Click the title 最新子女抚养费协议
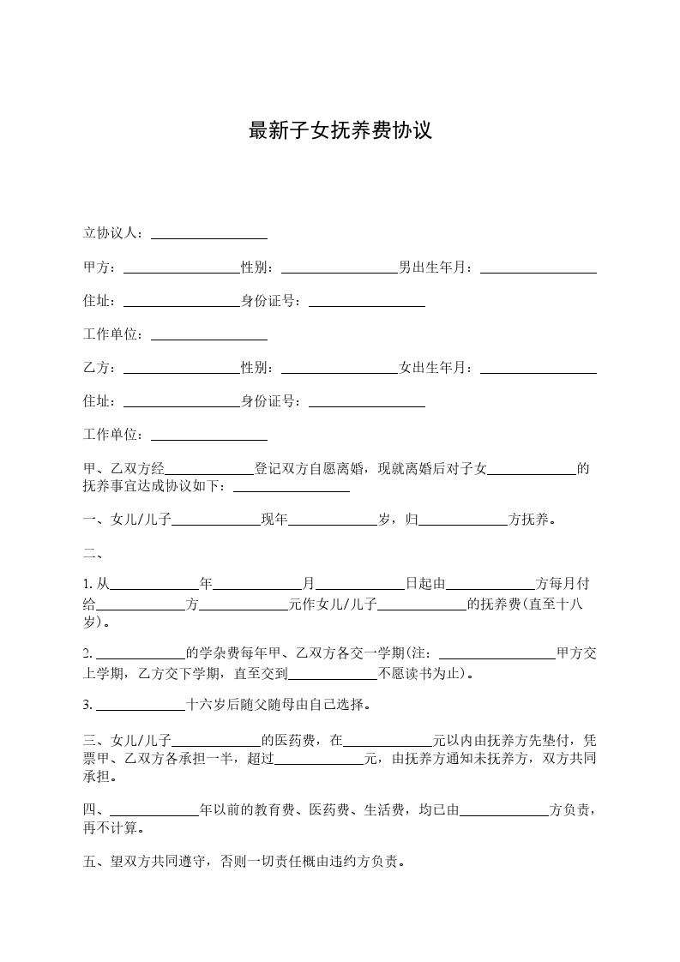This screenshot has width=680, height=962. tap(340, 131)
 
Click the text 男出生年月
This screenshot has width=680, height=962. tap(435, 268)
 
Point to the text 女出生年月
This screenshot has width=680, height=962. tap(435, 369)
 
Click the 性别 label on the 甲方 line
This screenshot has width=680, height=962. tap(257, 268)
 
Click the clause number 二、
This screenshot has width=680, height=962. tap(92, 552)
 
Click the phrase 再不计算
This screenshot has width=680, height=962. tap(111, 828)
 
